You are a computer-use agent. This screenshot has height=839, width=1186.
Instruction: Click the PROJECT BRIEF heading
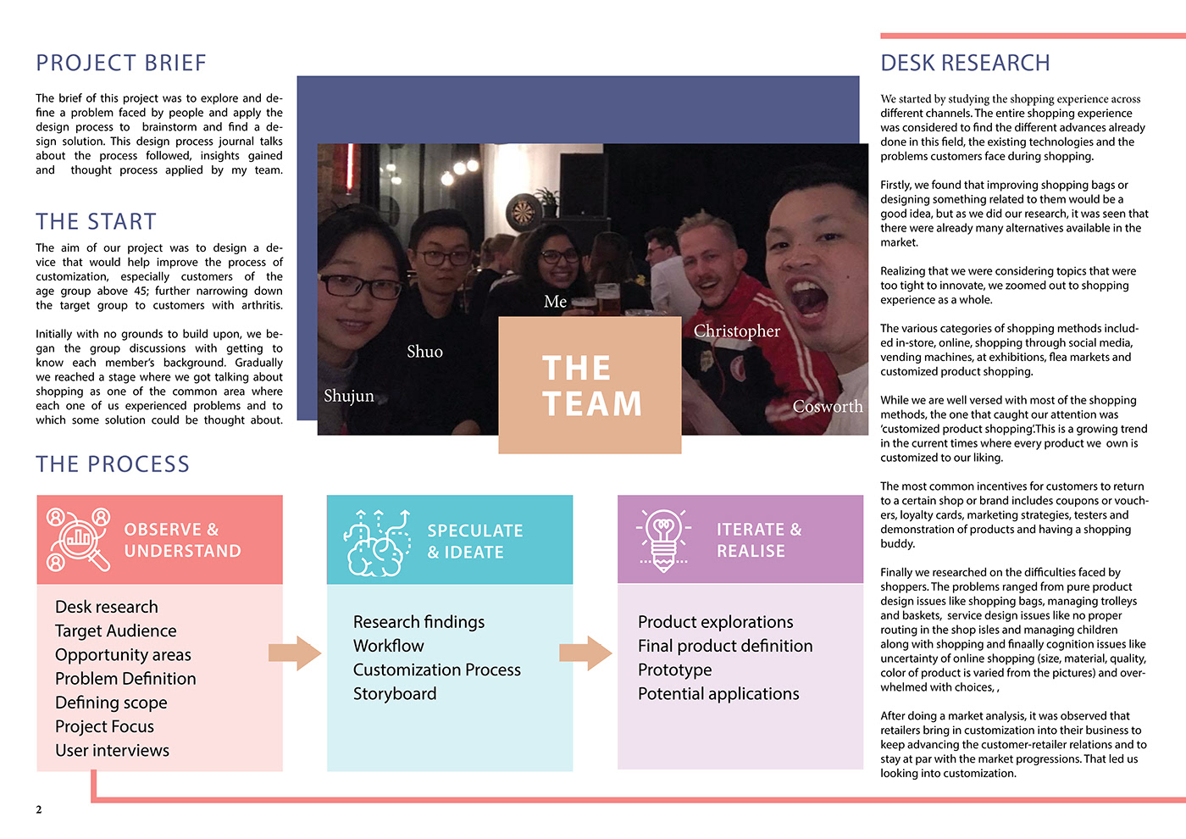pos(121,64)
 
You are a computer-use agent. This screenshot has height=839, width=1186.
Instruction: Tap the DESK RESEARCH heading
pos(965,64)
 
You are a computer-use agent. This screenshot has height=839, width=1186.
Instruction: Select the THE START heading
pos(96,222)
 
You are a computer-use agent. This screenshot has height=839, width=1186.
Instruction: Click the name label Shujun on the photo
pos(348,396)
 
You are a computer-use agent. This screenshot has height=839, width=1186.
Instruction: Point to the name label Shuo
pos(424,352)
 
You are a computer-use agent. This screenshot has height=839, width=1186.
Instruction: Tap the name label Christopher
pos(737,331)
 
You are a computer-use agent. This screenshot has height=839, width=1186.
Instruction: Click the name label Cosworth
pos(828,407)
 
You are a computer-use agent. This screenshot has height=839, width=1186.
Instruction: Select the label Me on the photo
pos(555,302)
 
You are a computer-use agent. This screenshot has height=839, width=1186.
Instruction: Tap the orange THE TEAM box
pos(590,386)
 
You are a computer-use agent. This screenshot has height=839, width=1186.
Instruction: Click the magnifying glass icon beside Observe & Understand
pos(79,539)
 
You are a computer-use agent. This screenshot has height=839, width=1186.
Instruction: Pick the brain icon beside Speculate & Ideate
pos(377,543)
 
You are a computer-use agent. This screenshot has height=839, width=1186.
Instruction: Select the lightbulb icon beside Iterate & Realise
pos(664,539)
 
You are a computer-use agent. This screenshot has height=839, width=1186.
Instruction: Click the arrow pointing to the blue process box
pos(295,653)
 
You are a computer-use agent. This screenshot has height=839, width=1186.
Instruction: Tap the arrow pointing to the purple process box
pos(585,653)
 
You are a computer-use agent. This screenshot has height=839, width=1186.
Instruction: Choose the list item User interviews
pos(112,751)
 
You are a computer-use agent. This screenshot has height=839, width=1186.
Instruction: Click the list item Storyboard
pos(395,694)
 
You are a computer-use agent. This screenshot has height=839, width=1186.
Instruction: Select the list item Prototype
pos(674,670)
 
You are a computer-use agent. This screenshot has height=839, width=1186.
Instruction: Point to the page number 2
pos(39,810)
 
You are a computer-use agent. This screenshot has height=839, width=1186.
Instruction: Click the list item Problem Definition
pos(125,679)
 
